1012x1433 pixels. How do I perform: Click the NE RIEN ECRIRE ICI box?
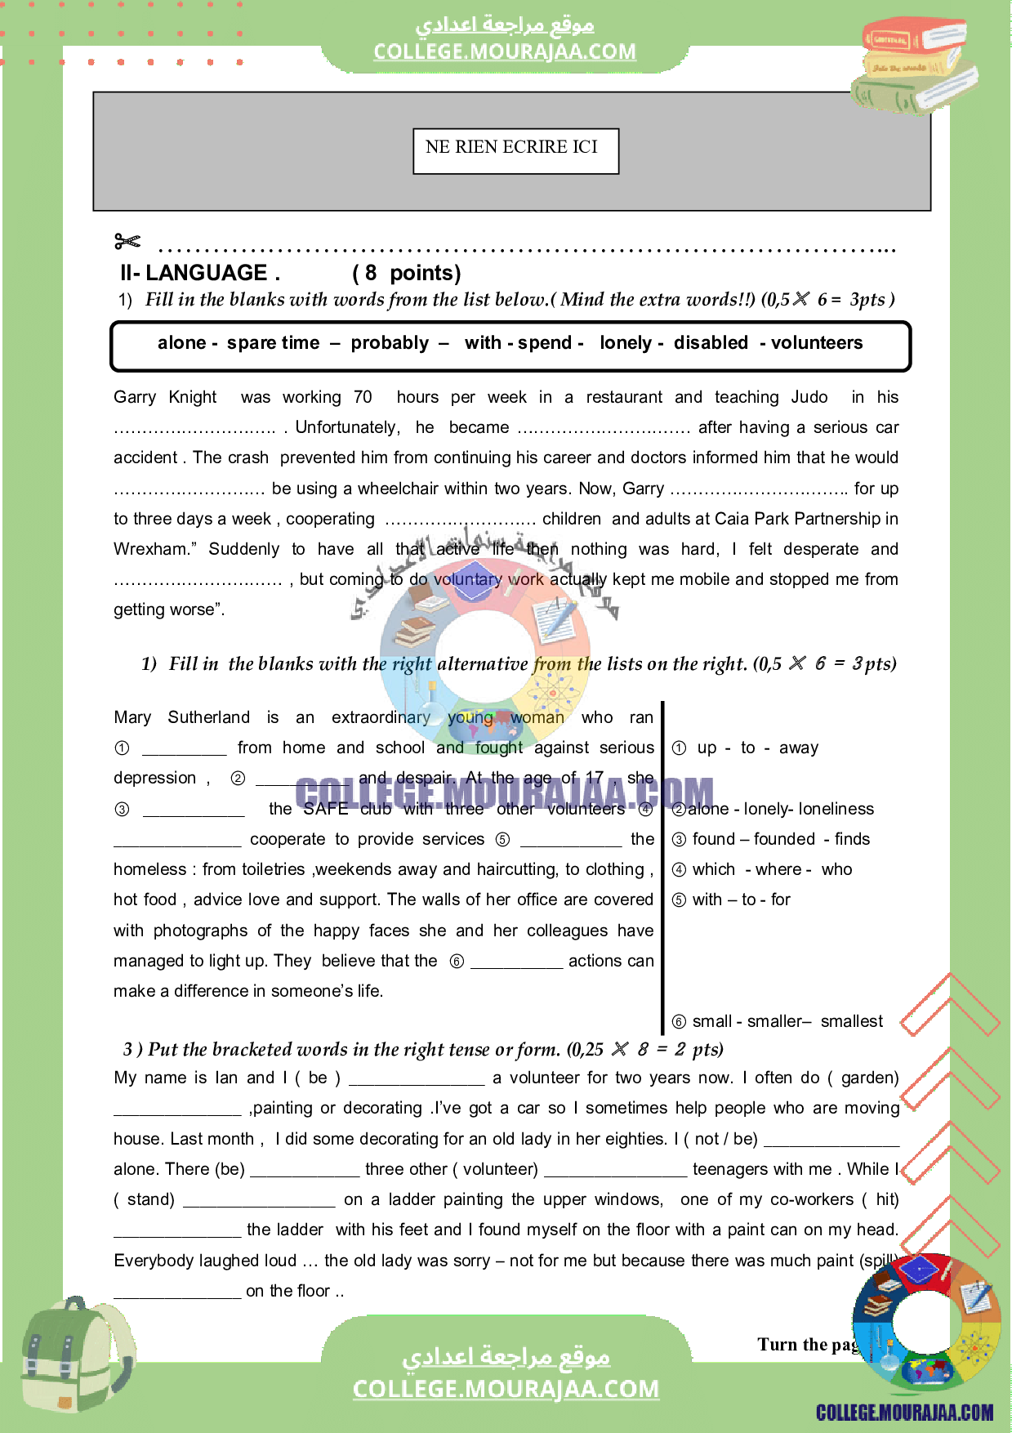click(x=515, y=150)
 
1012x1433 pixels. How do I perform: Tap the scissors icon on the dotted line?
click(x=127, y=241)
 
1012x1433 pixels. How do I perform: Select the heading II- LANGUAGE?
click(x=200, y=273)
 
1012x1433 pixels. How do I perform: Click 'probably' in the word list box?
click(x=390, y=343)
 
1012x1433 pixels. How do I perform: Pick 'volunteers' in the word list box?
click(x=817, y=343)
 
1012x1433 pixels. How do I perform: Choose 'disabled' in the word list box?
click(x=711, y=343)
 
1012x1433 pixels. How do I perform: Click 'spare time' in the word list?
click(x=273, y=343)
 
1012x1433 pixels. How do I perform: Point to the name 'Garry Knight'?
click(x=165, y=397)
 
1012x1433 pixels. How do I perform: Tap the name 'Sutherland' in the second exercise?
click(x=208, y=717)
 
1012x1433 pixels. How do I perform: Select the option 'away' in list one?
click(x=798, y=748)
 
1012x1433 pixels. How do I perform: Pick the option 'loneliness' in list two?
click(x=836, y=809)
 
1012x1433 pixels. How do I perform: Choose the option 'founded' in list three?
click(x=784, y=839)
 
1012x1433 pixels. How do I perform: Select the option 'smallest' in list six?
click(x=851, y=1021)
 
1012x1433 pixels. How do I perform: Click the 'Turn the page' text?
click(x=807, y=1345)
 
